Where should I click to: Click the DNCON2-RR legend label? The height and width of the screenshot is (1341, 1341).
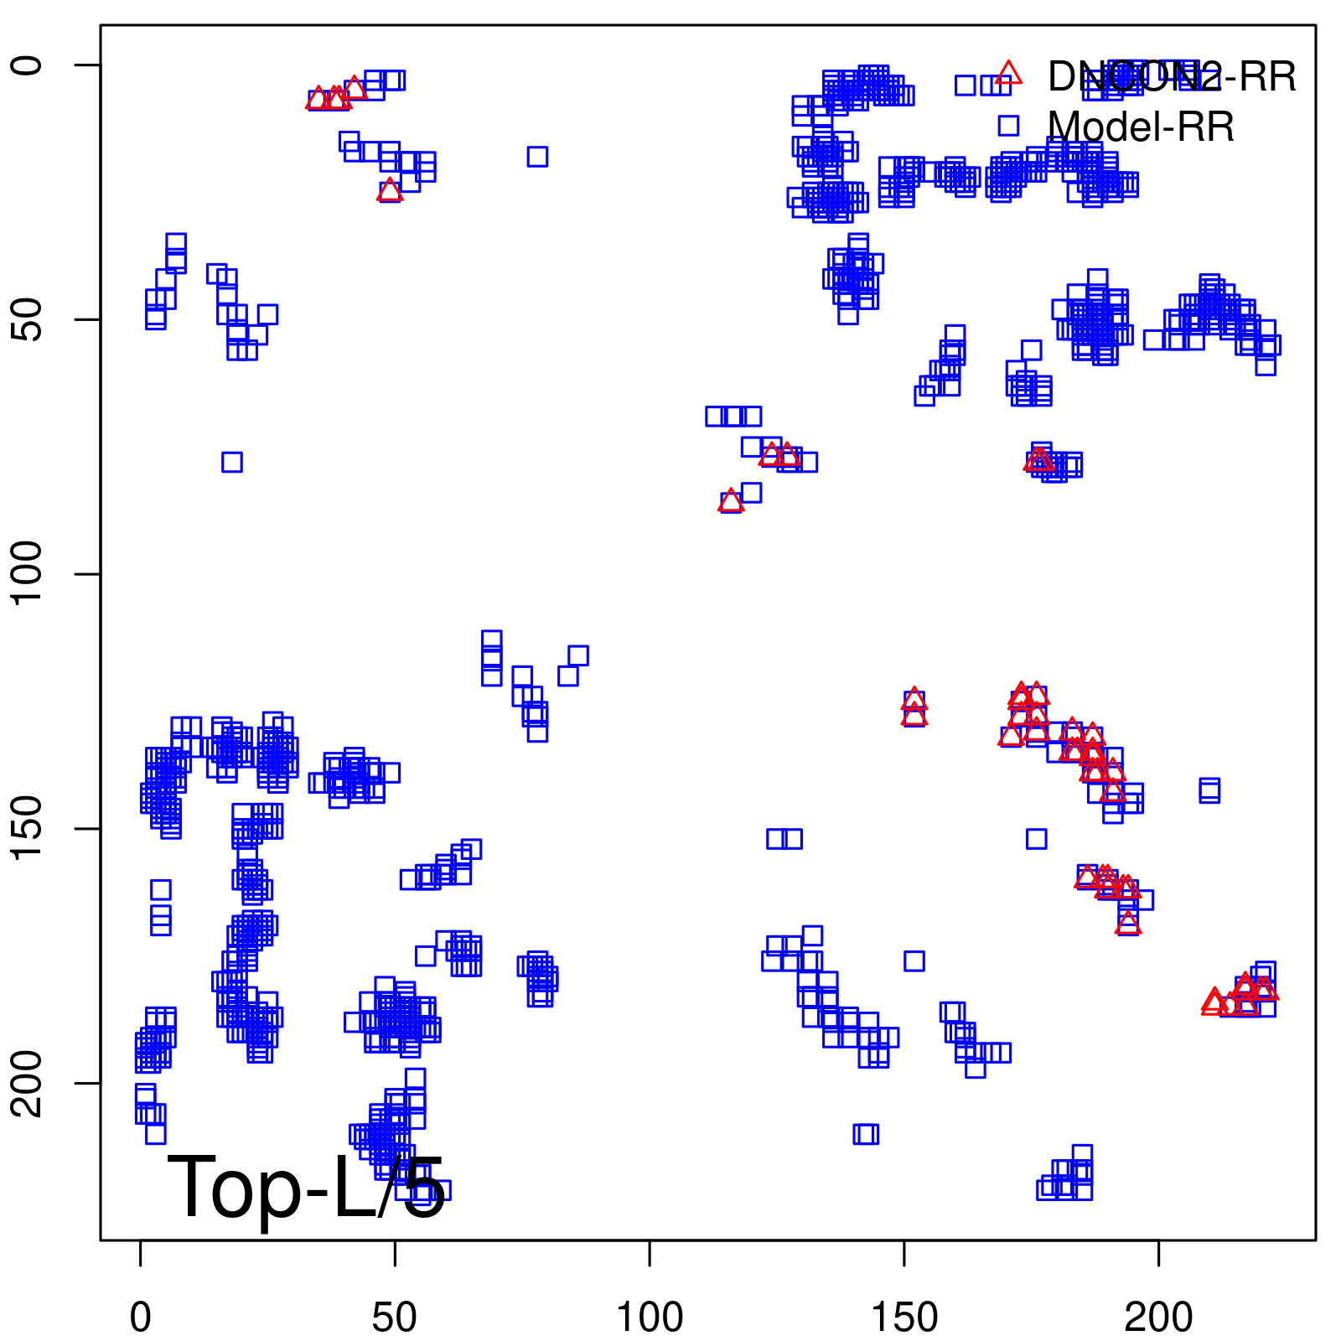coord(1171,77)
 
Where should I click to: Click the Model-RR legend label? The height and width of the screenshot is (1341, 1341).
coord(1141,127)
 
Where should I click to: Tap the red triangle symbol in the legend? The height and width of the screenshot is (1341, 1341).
coord(1008,74)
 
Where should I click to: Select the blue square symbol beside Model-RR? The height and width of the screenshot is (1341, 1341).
coord(1008,126)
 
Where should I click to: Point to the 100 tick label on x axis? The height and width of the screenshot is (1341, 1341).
coord(650,1318)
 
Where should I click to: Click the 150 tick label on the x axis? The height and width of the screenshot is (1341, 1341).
coord(904,1318)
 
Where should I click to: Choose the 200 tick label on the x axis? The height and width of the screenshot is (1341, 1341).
coord(1158,1318)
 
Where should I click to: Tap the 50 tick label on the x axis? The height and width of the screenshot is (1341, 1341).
coord(395,1318)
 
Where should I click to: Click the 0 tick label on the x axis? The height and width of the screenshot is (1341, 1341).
coord(141,1318)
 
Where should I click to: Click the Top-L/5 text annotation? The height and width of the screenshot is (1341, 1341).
coord(306,1188)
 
